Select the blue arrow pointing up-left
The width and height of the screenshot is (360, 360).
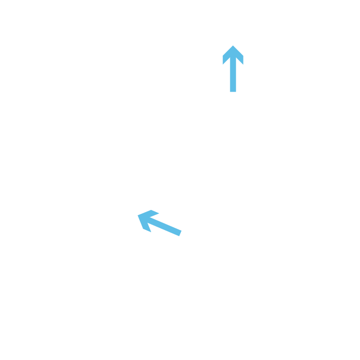(160, 223)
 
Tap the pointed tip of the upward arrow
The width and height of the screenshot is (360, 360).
(233, 45)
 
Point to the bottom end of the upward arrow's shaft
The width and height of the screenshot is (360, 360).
(233, 92)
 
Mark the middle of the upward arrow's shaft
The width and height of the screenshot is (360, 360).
(233, 76)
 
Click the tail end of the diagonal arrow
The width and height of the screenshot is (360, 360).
(180, 233)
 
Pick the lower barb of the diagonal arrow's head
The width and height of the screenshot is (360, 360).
(145, 230)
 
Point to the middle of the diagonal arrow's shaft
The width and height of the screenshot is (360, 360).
(165, 226)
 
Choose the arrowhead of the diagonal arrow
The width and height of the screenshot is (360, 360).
(146, 219)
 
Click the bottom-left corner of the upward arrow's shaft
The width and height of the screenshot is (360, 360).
(230, 92)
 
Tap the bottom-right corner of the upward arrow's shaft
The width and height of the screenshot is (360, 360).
(236, 92)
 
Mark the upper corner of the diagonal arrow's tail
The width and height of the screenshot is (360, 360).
(181, 230)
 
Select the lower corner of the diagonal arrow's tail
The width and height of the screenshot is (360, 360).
(179, 236)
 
